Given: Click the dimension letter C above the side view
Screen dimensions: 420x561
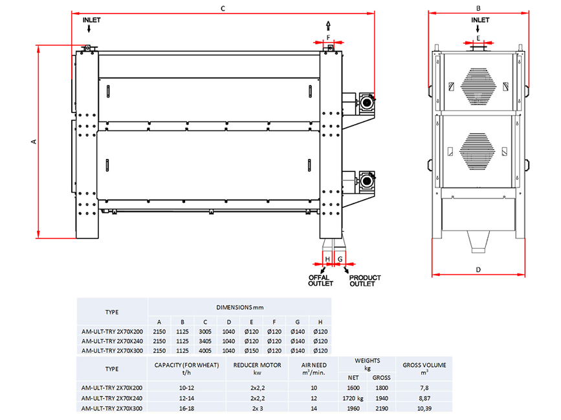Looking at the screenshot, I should [222, 8].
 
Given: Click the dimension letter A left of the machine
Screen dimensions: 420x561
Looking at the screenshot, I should [32, 142].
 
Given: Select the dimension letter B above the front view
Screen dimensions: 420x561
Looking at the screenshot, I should [478, 8].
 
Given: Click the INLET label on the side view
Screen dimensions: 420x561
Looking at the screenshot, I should [92, 20].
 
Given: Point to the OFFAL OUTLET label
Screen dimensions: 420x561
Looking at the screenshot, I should [320, 280].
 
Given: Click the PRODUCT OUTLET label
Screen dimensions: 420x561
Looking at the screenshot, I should [365, 280].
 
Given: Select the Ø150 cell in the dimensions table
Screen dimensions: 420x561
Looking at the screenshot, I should [251, 350].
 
